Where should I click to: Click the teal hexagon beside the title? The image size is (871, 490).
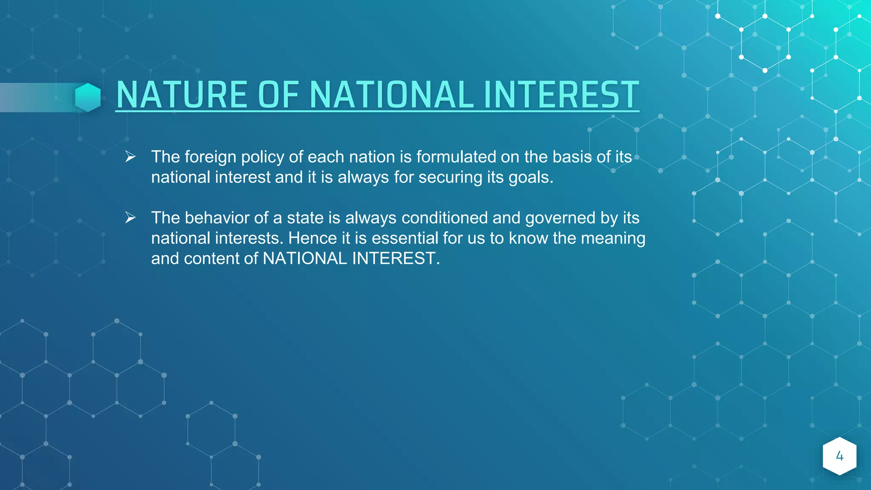point(88,97)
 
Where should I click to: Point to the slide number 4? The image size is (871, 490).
point(839,456)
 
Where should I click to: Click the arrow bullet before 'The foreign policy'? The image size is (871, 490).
point(130,157)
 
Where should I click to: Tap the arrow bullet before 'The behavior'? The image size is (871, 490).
point(130,218)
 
